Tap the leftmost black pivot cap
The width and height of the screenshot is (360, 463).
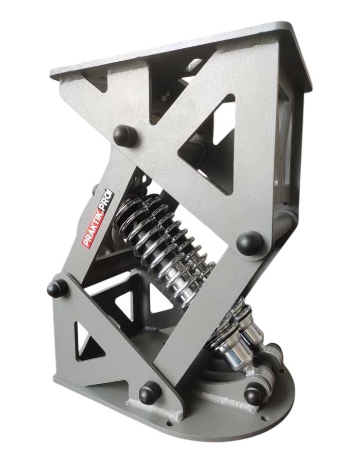(x=57, y=288)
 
